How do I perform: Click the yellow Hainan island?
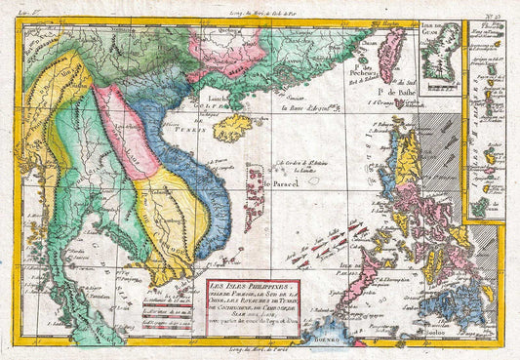coord(233,128)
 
